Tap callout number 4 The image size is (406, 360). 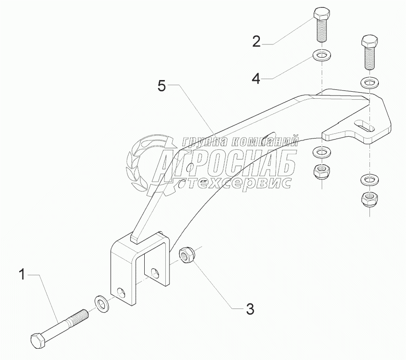256,78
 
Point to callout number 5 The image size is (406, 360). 161,86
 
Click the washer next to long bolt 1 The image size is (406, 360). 101,303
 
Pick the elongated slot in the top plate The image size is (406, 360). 365,125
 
